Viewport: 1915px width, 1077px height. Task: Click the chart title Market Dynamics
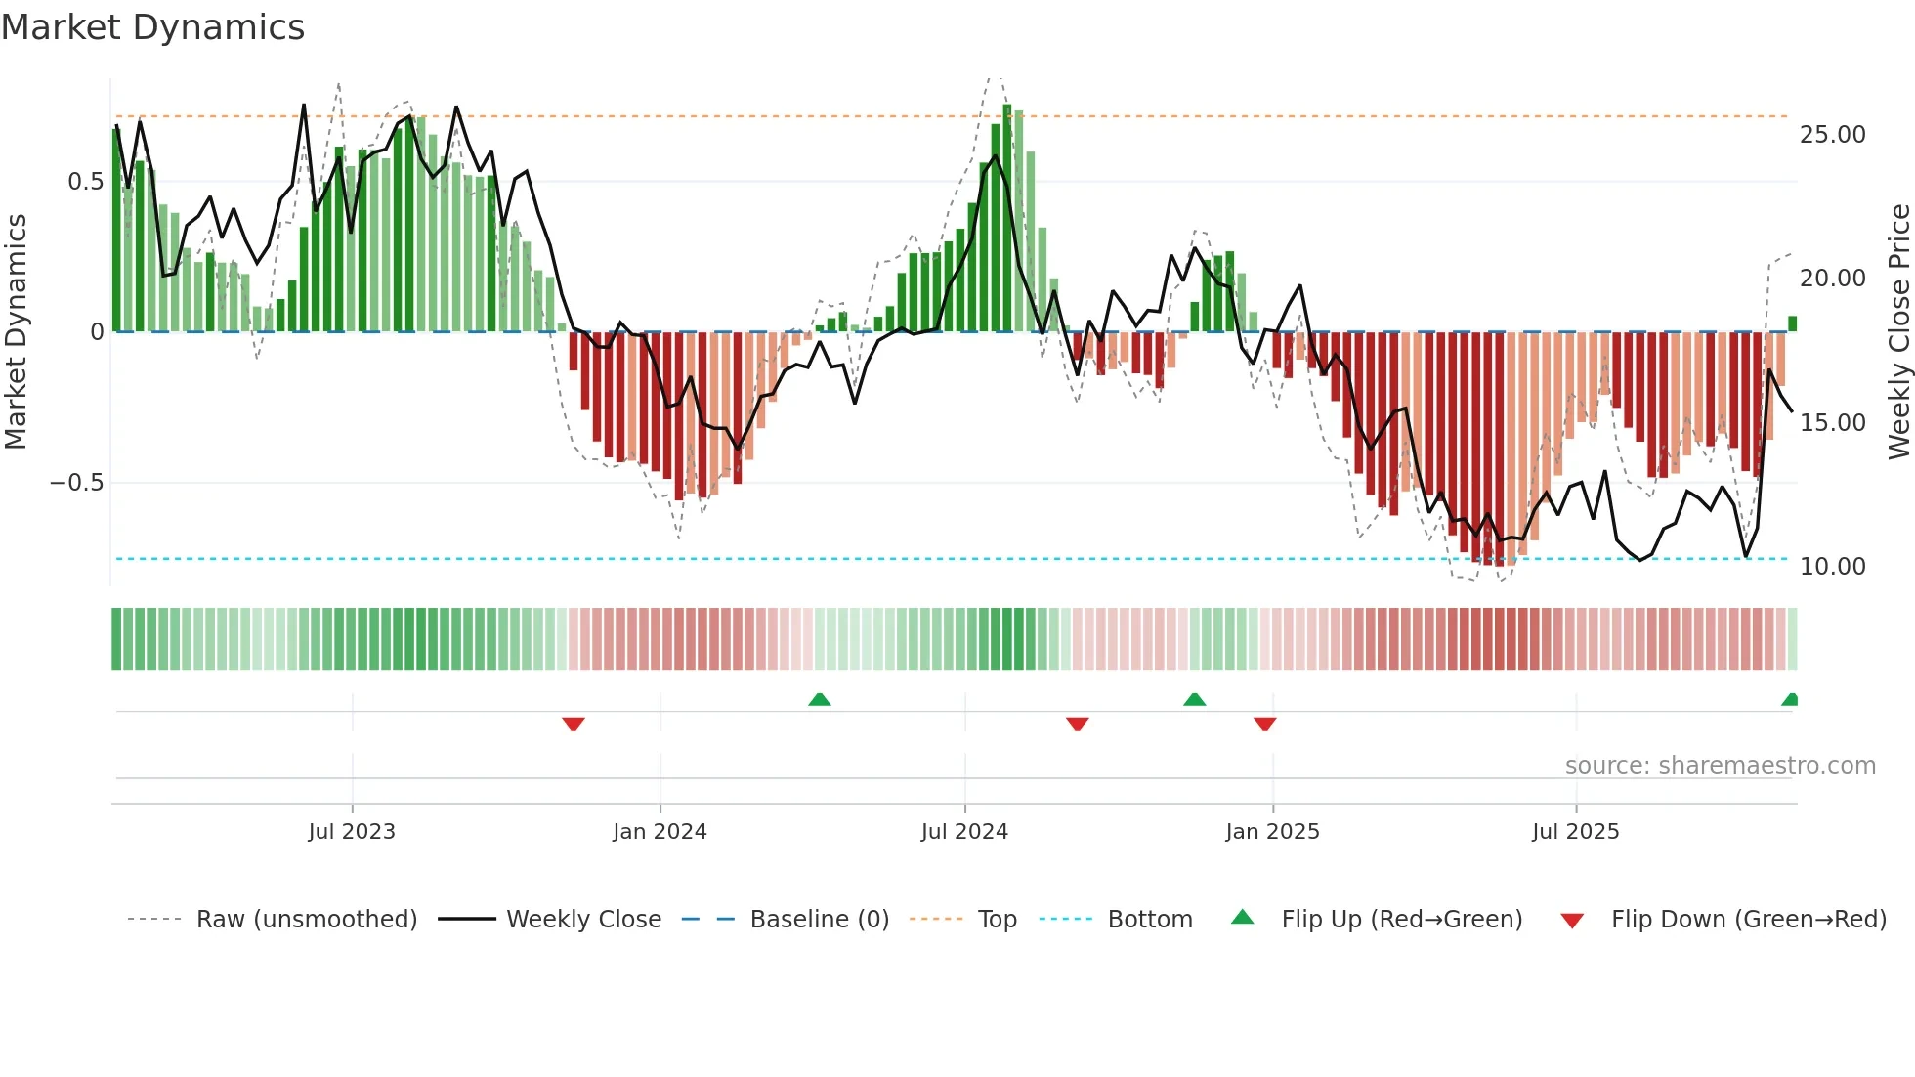(x=152, y=27)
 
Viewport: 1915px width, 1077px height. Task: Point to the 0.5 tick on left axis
(x=85, y=182)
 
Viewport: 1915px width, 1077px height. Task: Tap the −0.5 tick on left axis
(x=76, y=483)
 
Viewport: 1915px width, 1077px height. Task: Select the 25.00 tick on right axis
(x=1832, y=135)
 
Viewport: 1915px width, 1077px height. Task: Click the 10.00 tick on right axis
(x=1832, y=567)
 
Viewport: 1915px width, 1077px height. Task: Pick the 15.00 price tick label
(x=1832, y=423)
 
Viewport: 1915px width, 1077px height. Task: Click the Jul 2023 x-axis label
(x=352, y=832)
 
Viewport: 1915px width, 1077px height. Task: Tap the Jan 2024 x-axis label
(x=660, y=832)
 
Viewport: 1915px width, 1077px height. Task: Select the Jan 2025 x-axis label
(x=1272, y=832)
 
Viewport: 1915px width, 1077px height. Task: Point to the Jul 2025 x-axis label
(x=1575, y=832)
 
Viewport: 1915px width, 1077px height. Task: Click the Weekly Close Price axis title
(x=1898, y=332)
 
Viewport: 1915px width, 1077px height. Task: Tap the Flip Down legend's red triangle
(x=1572, y=921)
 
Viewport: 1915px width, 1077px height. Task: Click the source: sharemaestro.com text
(x=1720, y=766)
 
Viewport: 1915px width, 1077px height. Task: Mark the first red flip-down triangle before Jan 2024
(x=574, y=724)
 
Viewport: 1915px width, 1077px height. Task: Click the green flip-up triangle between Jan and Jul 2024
(x=820, y=699)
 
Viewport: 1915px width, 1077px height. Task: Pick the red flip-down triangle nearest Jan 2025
(x=1264, y=724)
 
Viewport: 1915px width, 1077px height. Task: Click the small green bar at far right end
(x=1792, y=323)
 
